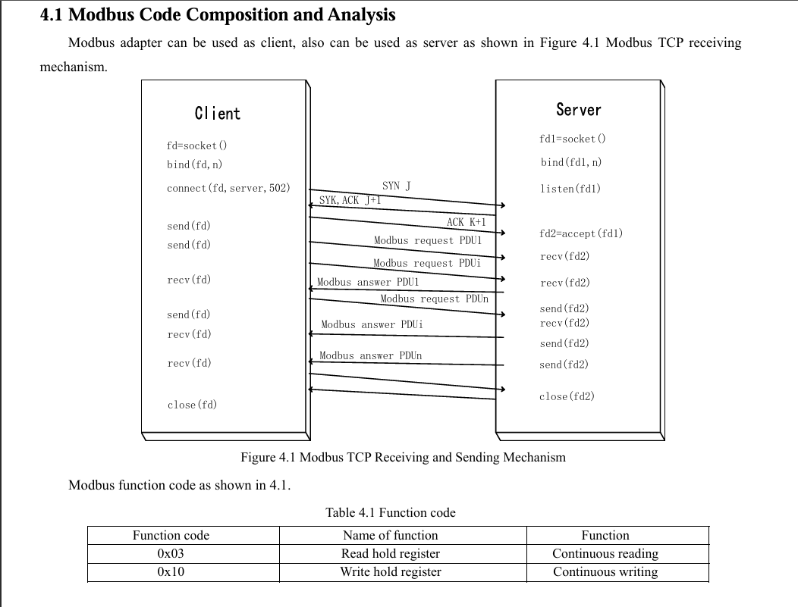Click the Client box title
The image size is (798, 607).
point(217,114)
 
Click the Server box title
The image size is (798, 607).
point(579,110)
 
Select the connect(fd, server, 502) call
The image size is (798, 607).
point(228,188)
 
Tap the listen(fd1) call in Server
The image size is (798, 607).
point(570,189)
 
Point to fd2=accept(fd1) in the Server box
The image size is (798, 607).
point(581,233)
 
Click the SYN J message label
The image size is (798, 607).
point(397,186)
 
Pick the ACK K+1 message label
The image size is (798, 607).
point(467,221)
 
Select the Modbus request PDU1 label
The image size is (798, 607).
point(428,240)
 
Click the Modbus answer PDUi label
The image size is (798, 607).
point(372,324)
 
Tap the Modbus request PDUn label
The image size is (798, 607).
point(434,299)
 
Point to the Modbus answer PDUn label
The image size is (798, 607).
point(370,356)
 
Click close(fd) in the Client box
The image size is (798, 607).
point(192,405)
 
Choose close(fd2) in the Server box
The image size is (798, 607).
point(567,396)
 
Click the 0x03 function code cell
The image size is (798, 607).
point(171,554)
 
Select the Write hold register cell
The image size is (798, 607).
point(391,572)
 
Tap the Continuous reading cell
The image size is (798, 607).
point(605,554)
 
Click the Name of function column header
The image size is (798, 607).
point(391,535)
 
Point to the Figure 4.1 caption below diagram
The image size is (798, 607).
point(403,457)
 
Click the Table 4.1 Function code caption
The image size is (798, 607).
point(391,512)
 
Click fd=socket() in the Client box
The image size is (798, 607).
point(196,145)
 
